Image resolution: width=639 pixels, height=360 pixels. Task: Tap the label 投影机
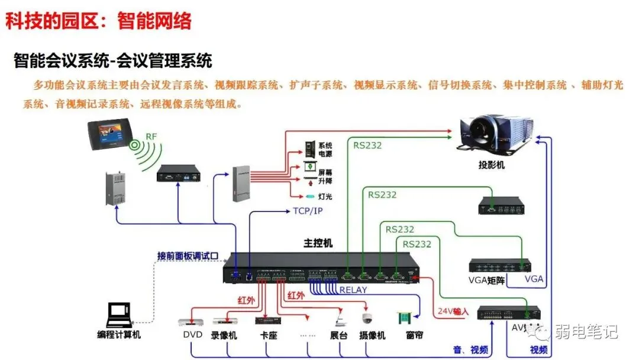coord(492,165)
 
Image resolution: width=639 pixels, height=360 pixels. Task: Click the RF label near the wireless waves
coord(151,137)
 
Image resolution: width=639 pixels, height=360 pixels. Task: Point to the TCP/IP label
coord(308,211)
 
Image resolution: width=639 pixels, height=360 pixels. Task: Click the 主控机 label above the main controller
coord(318,243)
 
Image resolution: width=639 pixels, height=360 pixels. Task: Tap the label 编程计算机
coord(119,335)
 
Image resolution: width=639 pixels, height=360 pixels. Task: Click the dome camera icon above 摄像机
coord(367,319)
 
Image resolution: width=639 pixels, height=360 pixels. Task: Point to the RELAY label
coord(353,290)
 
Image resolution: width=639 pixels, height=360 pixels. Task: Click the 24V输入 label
coord(453,311)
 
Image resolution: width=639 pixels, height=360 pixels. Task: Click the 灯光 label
coord(325,196)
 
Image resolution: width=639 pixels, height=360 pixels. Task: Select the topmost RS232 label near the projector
coord(367,144)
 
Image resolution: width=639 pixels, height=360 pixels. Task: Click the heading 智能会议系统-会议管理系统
coord(112,60)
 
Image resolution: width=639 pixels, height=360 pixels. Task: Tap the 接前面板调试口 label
coord(188,256)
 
